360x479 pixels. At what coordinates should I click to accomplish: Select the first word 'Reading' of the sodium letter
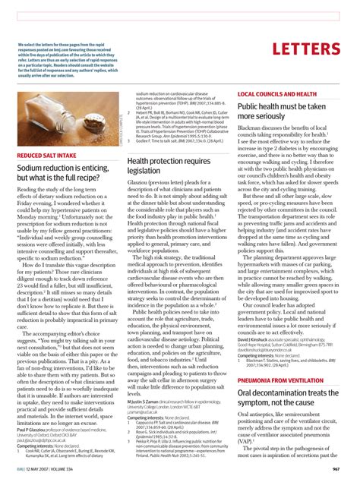(x=30, y=189)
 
